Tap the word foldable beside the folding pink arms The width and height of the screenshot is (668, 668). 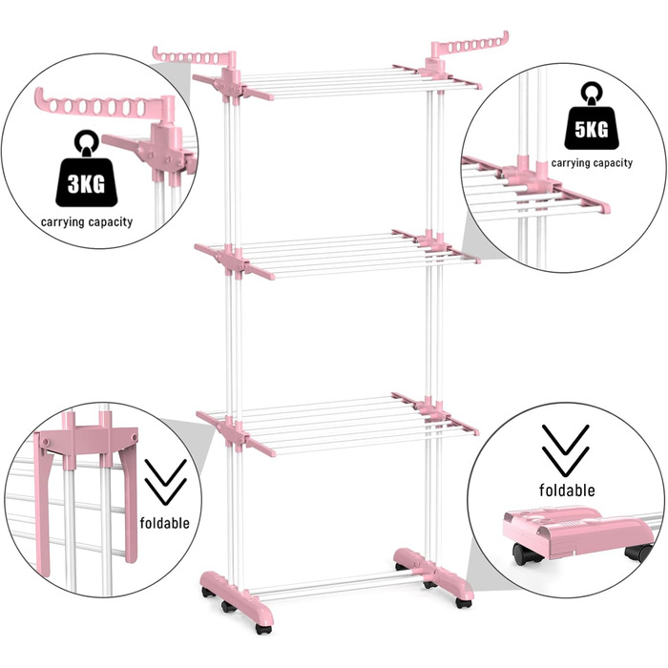click(x=165, y=523)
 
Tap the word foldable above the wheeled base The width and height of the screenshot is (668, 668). click(x=567, y=490)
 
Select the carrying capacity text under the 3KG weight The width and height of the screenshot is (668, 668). click(x=87, y=222)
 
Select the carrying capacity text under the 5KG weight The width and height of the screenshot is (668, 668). click(x=592, y=163)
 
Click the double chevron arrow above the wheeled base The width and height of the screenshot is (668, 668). click(x=565, y=450)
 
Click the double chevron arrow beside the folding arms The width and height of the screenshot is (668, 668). click(x=166, y=481)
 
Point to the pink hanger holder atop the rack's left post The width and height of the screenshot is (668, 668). click(x=194, y=56)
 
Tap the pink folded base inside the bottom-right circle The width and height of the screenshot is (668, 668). click(x=577, y=531)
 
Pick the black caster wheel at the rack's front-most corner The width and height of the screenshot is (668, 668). click(x=262, y=629)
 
